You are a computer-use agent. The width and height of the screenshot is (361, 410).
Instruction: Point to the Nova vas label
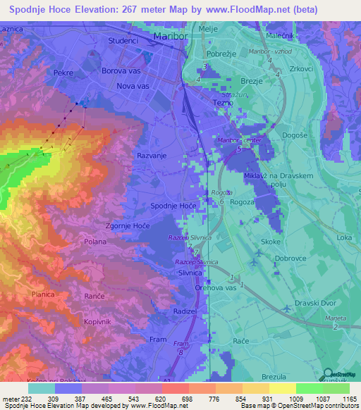[x=133, y=86]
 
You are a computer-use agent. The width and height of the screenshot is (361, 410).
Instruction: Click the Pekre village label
[x=63, y=73]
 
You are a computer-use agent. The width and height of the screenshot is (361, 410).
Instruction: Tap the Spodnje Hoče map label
[x=173, y=205]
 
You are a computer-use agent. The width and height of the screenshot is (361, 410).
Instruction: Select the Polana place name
[x=94, y=241]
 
